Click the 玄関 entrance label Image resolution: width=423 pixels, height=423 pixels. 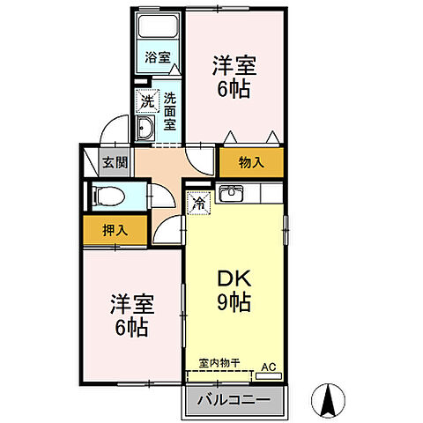point(112,162)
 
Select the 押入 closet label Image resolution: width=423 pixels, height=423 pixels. point(115,230)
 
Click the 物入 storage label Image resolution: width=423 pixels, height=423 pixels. point(250,162)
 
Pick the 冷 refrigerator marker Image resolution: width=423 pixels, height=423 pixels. point(199,202)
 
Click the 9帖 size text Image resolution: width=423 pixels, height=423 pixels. point(234,304)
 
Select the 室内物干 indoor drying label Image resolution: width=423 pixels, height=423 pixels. point(219,362)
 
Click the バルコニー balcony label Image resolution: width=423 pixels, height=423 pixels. point(234,399)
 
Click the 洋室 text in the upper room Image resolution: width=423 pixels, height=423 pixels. point(234,64)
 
